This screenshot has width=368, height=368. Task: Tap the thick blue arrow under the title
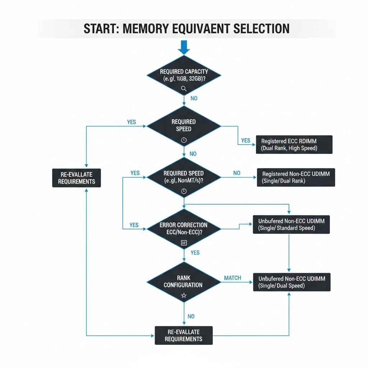184,47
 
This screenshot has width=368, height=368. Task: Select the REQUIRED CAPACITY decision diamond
184,75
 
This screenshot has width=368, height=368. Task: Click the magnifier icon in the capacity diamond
184,88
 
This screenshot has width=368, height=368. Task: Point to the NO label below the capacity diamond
194,98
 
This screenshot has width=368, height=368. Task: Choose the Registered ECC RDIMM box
294,144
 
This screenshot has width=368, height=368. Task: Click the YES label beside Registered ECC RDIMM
246,141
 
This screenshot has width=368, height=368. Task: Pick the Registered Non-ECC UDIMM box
296,177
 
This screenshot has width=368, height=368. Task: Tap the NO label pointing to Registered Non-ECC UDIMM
236,173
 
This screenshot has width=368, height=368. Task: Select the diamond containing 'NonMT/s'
184,177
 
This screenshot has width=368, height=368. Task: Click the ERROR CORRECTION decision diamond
184,229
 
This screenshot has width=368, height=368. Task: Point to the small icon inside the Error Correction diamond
184,243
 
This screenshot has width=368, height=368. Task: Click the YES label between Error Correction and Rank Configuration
195,253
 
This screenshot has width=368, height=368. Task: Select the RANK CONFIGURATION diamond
184,282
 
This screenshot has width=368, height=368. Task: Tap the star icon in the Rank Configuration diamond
184,295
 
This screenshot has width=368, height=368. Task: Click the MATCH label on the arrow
233,278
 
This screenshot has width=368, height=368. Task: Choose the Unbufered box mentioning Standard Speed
291,224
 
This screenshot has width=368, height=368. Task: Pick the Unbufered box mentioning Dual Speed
291,282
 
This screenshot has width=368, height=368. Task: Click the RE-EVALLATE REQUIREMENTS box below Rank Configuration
184,335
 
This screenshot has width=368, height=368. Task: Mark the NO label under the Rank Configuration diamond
191,316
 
